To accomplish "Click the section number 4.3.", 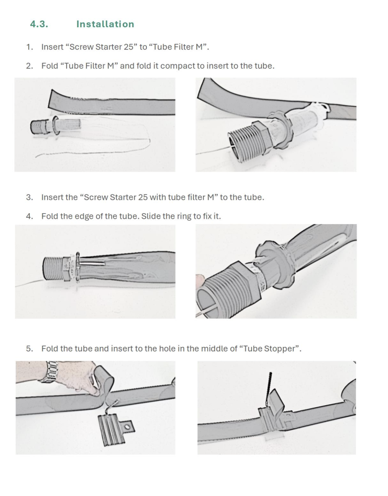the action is [x=39, y=24].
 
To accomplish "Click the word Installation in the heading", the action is [x=105, y=24].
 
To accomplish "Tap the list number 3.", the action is [x=29, y=197].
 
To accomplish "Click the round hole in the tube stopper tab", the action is [x=127, y=428].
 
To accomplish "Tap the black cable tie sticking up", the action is [x=270, y=389].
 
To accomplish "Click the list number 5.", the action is [x=29, y=349].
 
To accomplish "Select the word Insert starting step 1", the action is [x=53, y=47].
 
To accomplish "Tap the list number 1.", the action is [x=29, y=47].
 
